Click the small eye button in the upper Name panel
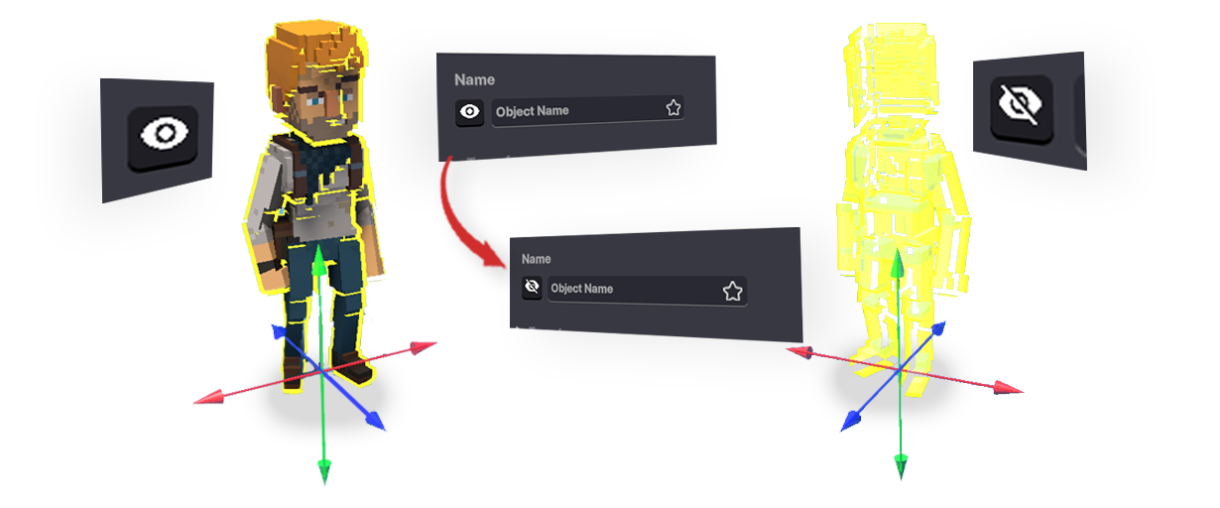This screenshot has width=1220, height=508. (469, 112)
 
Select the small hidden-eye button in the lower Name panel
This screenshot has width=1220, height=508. (532, 287)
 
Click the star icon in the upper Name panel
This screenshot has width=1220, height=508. (673, 108)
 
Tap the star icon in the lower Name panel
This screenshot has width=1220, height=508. (733, 292)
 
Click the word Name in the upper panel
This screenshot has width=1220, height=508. (474, 80)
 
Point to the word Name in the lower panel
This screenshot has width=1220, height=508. (536, 259)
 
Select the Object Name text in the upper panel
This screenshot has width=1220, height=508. (532, 111)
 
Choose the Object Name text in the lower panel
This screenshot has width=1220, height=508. (581, 289)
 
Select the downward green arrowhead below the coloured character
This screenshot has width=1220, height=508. (324, 471)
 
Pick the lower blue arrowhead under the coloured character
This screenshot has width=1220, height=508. (375, 421)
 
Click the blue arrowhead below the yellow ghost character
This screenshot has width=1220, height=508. (851, 422)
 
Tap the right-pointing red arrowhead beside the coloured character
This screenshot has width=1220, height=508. (424, 347)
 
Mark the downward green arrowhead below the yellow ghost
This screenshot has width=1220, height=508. (901, 467)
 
